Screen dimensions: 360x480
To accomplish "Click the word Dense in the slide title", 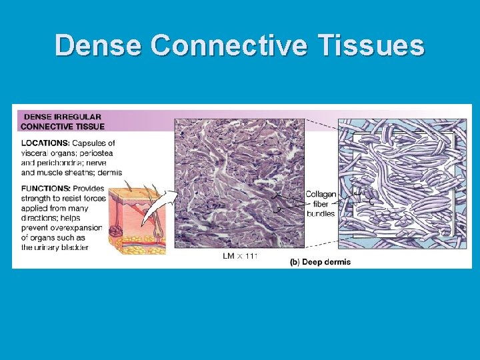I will (x=99, y=46).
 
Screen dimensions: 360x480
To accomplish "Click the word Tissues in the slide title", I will (x=373, y=46).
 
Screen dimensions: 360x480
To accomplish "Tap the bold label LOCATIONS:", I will (x=45, y=143).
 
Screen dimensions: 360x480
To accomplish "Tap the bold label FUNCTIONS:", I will (x=45, y=188).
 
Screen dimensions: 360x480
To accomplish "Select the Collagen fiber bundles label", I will (x=320, y=203).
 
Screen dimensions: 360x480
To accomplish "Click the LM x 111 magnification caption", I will (x=239, y=255).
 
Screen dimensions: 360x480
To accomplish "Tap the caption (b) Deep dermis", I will (x=320, y=262).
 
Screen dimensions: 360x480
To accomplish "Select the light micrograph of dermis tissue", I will (x=239, y=183).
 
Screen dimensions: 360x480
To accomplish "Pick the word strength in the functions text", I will (x=37, y=198).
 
